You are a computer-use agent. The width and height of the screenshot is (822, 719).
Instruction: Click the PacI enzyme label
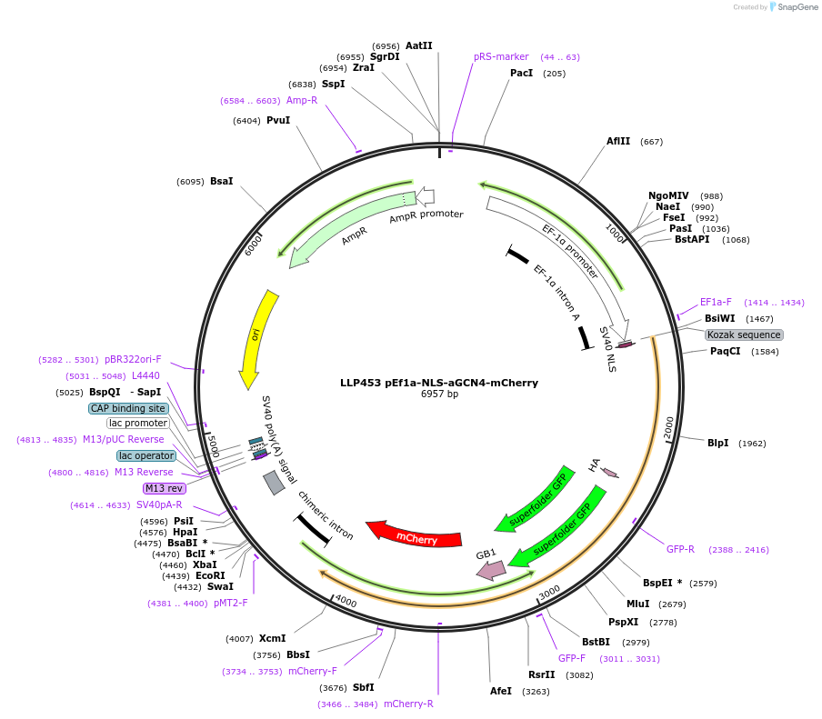(521, 73)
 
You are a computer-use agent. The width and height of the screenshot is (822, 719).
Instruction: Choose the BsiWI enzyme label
(720, 318)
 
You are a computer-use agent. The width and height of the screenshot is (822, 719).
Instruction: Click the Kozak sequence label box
(744, 335)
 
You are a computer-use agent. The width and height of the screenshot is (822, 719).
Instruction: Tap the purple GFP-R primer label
(680, 549)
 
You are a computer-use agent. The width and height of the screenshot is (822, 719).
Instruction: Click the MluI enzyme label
(638, 604)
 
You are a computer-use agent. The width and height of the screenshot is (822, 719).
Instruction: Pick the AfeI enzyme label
(501, 691)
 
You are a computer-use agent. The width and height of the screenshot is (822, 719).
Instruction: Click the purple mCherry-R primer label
(408, 704)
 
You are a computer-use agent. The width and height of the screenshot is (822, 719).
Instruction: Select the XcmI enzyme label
(273, 638)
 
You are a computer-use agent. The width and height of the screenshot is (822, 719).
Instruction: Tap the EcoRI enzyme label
(210, 575)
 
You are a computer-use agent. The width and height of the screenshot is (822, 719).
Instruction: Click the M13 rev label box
(165, 488)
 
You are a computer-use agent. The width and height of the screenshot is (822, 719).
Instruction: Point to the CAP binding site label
(127, 408)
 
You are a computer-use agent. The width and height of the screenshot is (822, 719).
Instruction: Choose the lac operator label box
(146, 455)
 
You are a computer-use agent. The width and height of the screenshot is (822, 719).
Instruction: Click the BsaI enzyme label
(222, 181)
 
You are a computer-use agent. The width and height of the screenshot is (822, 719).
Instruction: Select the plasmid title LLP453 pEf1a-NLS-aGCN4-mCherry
(439, 383)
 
